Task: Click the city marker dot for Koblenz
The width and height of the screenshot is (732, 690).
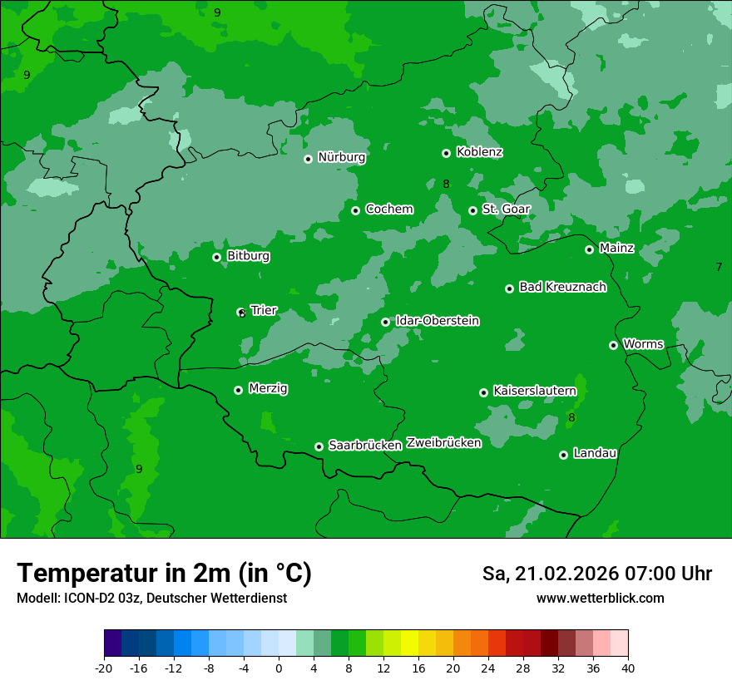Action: pyautogui.click(x=447, y=153)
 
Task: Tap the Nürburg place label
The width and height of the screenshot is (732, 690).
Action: pyautogui.click(x=341, y=157)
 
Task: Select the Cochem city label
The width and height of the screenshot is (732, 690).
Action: pyautogui.click(x=388, y=209)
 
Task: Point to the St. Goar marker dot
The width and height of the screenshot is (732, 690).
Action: pyautogui.click(x=472, y=210)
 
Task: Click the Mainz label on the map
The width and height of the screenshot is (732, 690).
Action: pyautogui.click(x=616, y=249)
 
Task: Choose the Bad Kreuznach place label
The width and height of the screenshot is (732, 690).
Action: pyautogui.click(x=562, y=288)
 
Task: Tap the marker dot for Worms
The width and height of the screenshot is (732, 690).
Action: pyautogui.click(x=614, y=345)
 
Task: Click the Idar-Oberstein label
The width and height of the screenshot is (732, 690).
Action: pyautogui.click(x=437, y=321)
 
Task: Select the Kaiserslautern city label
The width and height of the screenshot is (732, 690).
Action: pyautogui.click(x=534, y=391)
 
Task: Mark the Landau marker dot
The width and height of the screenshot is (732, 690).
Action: pyautogui.click(x=564, y=455)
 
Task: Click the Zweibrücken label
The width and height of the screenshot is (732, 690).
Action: pyautogui.click(x=443, y=443)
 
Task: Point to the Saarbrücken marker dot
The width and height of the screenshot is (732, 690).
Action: pyautogui.click(x=319, y=446)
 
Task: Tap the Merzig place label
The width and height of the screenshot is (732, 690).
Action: pyautogui.click(x=268, y=388)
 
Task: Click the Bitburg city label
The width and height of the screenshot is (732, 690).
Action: pyautogui.click(x=248, y=256)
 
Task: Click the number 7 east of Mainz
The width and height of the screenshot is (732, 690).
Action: pyautogui.click(x=719, y=267)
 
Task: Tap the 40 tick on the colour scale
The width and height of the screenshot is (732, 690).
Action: pyautogui.click(x=628, y=668)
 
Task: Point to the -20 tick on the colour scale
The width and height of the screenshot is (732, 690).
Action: pyautogui.click(x=104, y=668)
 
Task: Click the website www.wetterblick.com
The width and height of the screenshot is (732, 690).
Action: pyautogui.click(x=600, y=599)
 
